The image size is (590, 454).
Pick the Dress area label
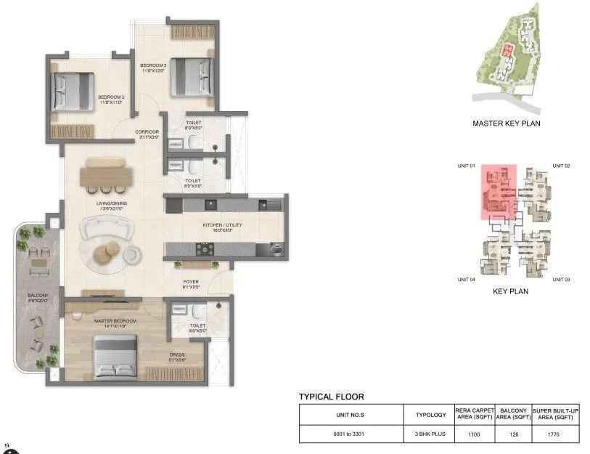point(177,357)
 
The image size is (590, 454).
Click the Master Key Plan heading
point(506,123)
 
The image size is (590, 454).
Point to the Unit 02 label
point(561,166)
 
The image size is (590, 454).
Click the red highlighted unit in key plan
point(498,191)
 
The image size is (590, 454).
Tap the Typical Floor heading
point(332,397)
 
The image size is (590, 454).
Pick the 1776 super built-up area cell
point(555,434)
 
